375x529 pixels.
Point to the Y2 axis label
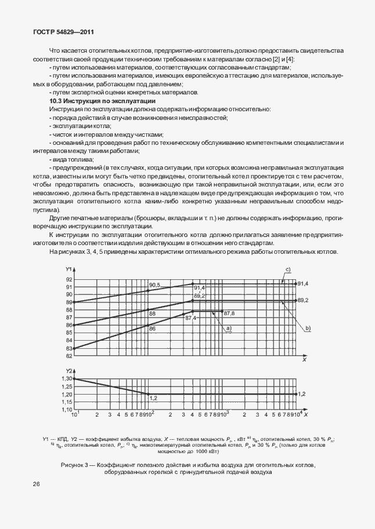point(68,370)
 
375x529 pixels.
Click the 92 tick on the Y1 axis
point(69,279)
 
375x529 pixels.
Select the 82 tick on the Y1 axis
point(69,356)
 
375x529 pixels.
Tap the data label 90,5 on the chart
point(154,285)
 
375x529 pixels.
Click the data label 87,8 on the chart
point(229,313)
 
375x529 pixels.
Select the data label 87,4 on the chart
point(190,318)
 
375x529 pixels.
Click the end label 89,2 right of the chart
point(302,300)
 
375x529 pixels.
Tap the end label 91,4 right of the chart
point(302,283)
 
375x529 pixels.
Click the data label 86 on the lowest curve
point(152,329)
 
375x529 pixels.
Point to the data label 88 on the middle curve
point(152,313)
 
